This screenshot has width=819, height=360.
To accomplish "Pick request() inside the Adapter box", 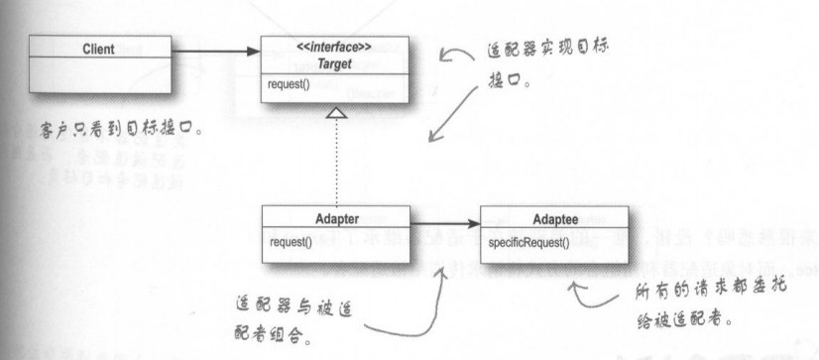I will pyautogui.click(x=289, y=240).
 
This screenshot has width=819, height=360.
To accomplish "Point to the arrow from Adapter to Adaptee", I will pyautogui.click(x=444, y=226).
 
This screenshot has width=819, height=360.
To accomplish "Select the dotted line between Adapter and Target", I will pyautogui.click(x=337, y=164).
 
